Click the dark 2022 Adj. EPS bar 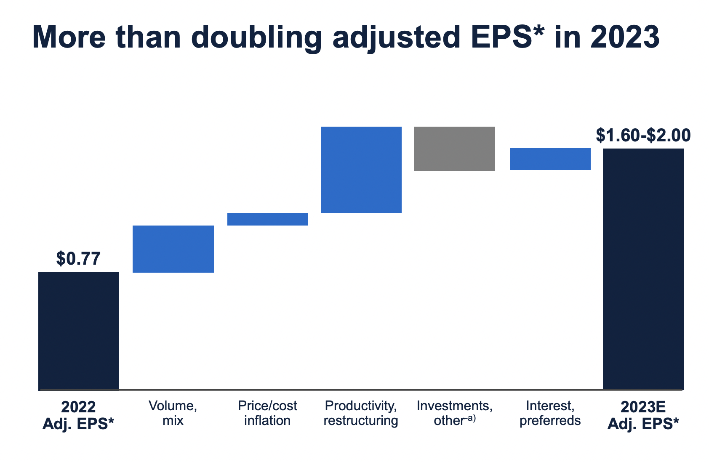click(79, 331)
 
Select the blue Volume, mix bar click(173, 249)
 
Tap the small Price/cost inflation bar click(268, 219)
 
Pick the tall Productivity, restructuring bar click(361, 170)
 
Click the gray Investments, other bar click(454, 149)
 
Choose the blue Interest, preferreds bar click(550, 159)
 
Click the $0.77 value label click(78, 258)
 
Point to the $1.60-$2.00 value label click(643, 135)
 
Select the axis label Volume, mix click(173, 413)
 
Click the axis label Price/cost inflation click(267, 413)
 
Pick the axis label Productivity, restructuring click(361, 413)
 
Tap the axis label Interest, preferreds click(550, 413)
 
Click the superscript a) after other click(471, 419)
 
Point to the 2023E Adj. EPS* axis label click(643, 415)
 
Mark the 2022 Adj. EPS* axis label click(78, 415)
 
